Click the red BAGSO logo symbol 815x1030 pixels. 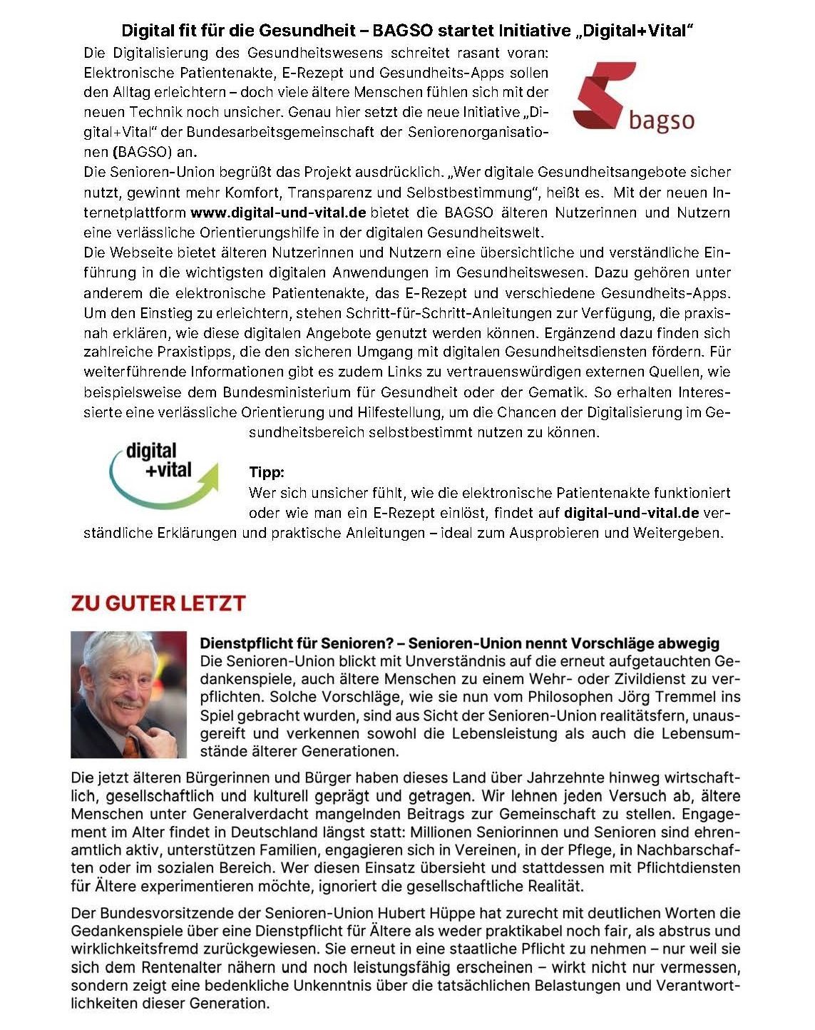(x=603, y=94)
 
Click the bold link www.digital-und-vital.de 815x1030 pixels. (x=278, y=213)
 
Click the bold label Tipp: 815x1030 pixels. (x=267, y=472)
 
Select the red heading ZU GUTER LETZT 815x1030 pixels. (x=158, y=603)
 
